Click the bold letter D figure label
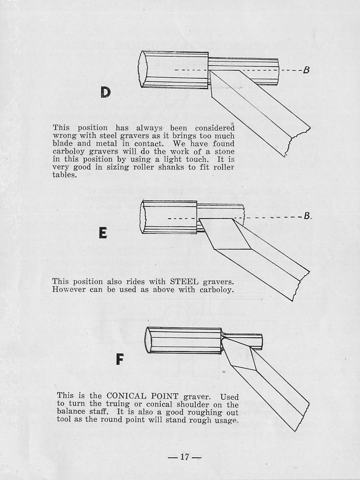point(105,92)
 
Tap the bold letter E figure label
point(103,233)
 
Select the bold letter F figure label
point(119,360)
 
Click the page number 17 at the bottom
point(185,457)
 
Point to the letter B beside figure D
point(306,70)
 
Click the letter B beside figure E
point(307,216)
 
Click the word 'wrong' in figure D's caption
point(63,136)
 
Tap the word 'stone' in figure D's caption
point(223,151)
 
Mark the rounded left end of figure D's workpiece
point(143,69)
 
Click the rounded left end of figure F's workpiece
point(148,340)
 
